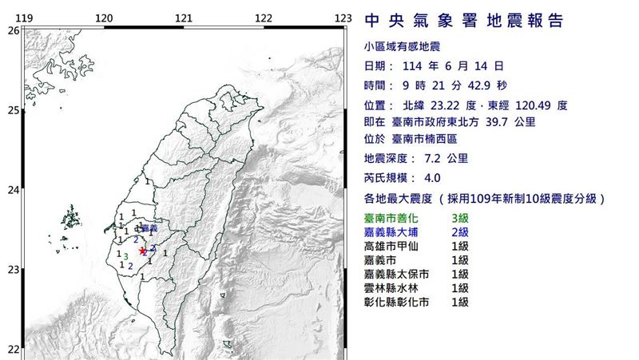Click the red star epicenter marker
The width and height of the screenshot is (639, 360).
(143, 250)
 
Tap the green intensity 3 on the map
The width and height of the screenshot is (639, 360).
(126, 255)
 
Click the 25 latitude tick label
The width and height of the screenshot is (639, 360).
(13, 110)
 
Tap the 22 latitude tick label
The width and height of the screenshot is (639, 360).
(13, 349)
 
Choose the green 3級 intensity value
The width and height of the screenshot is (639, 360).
(460, 217)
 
